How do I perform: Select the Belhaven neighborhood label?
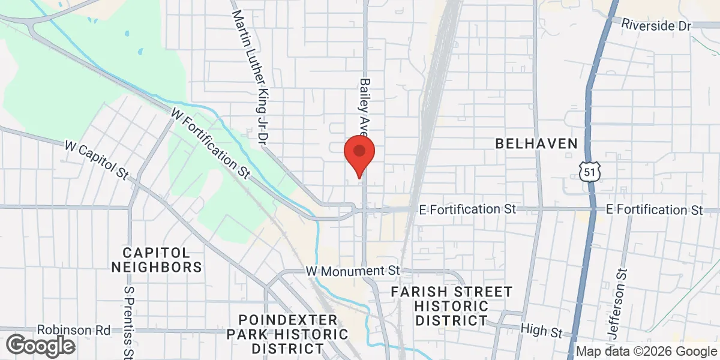point(536,143)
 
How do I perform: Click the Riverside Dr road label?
point(656,25)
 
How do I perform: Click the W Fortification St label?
point(210,143)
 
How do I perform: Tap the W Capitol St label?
point(97,160)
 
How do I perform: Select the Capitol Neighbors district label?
point(157,259)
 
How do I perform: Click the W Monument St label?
point(352,271)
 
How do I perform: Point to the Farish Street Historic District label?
point(452,306)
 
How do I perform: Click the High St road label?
point(542,331)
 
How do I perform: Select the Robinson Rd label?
point(74,330)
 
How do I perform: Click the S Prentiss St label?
point(128,321)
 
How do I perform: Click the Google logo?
point(40,345)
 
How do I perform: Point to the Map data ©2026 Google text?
point(646,352)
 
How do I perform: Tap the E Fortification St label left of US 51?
point(467,209)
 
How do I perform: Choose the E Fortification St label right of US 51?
point(654,209)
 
